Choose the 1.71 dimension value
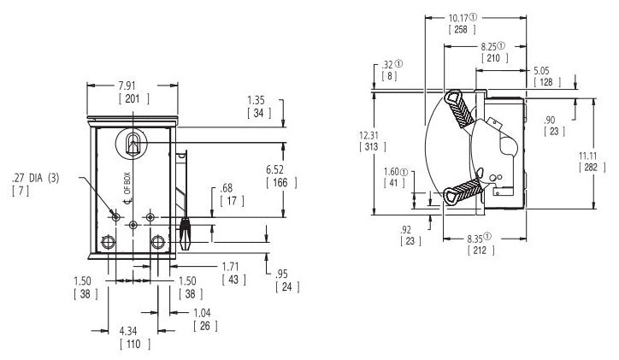[x=231, y=268]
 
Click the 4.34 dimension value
[x=133, y=331]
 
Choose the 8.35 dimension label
[x=484, y=239]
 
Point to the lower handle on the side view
[x=462, y=190]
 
